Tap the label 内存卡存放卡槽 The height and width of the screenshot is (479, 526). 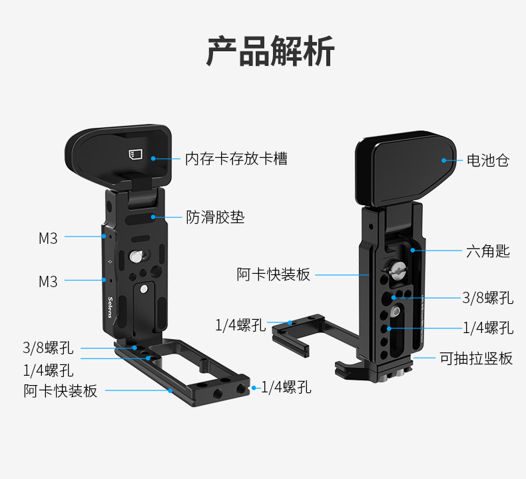[236, 159]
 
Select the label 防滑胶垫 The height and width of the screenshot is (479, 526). [215, 217]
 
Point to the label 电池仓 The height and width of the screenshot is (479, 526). [487, 160]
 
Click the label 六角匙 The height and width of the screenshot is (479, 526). [487, 251]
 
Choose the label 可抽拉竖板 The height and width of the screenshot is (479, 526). [476, 358]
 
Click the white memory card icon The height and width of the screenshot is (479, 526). [135, 155]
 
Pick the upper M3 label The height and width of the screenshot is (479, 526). [48, 237]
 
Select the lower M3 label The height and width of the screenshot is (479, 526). [48, 281]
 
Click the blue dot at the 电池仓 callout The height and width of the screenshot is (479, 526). [443, 160]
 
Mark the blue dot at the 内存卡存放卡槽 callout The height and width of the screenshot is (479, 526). [153, 159]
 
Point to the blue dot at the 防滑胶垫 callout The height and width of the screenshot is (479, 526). [154, 217]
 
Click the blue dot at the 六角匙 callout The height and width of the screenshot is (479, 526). [413, 250]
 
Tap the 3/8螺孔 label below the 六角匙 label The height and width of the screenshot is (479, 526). [488, 298]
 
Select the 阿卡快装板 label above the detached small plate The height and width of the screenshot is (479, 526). [274, 274]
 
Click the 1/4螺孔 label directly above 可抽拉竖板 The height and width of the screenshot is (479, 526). [488, 328]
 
